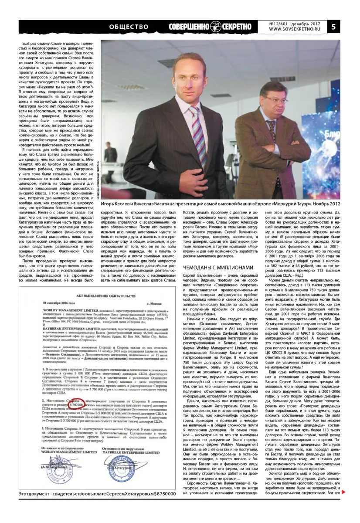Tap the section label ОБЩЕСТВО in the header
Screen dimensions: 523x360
pos(129,27)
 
